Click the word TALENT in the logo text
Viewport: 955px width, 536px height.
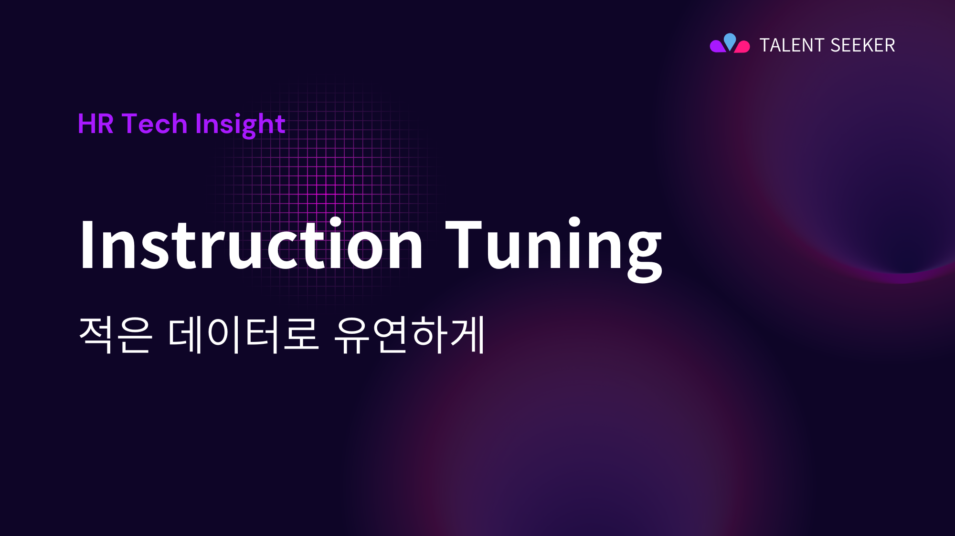click(791, 45)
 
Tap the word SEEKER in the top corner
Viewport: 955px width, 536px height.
click(863, 45)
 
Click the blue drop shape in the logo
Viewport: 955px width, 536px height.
click(730, 41)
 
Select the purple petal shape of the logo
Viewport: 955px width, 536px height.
click(717, 46)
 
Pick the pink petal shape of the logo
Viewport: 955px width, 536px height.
click(743, 47)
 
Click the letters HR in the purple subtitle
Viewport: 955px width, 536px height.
click(95, 124)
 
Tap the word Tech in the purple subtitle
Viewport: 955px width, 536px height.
click(154, 124)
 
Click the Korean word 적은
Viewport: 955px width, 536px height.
click(115, 334)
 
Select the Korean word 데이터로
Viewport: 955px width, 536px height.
click(243, 334)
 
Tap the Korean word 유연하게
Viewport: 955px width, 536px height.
click(410, 334)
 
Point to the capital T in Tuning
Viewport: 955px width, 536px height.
click(463, 244)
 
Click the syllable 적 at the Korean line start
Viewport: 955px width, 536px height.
click(96, 334)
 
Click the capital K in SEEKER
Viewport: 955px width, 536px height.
click(862, 45)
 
